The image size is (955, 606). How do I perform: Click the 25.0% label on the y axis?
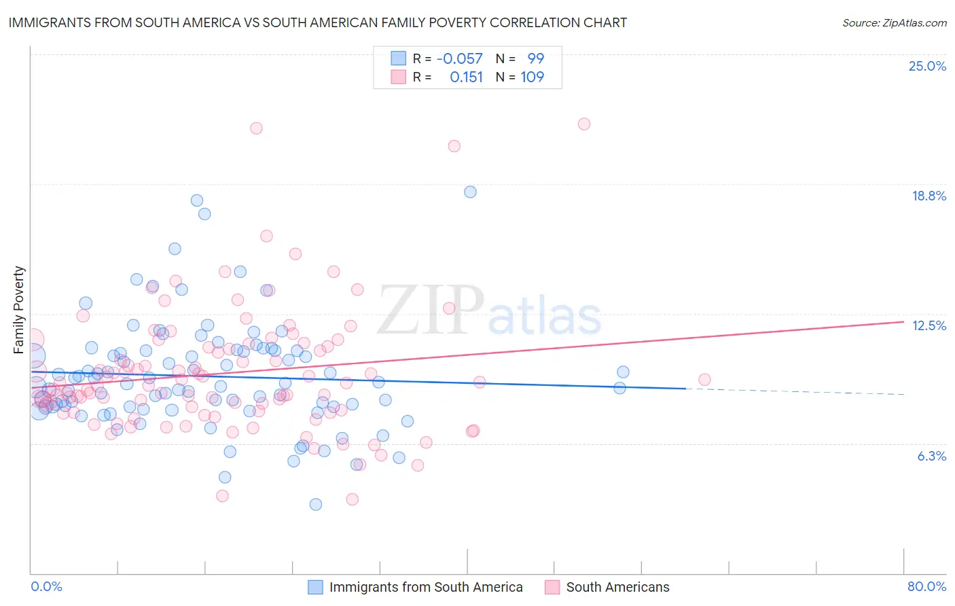coord(927,66)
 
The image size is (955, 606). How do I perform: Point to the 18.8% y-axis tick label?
coord(929,196)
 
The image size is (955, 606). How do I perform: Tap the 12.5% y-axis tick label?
coord(929,325)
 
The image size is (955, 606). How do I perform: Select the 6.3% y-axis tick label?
coord(931,456)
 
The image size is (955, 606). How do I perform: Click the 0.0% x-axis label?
coord(46,586)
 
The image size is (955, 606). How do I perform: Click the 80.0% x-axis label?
coord(926,586)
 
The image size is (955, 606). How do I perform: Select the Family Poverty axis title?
coord(19,310)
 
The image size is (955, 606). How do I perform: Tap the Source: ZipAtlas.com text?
coord(894,22)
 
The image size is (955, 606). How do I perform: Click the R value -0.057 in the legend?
coord(459,58)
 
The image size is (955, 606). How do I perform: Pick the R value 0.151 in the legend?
coord(466,77)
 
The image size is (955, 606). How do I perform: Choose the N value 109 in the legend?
coord(532,77)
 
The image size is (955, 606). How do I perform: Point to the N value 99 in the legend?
coord(535,58)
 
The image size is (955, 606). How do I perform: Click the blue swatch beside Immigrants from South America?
coord(315,587)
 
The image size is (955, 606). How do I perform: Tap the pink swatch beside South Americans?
coord(552,587)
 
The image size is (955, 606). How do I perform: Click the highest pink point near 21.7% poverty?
coord(584,124)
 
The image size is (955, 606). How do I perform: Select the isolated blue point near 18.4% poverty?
coord(470,192)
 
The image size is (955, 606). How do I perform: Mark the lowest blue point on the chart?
coord(316,504)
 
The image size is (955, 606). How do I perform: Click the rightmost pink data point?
coord(704,380)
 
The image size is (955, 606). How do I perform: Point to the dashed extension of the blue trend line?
coord(795,391)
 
